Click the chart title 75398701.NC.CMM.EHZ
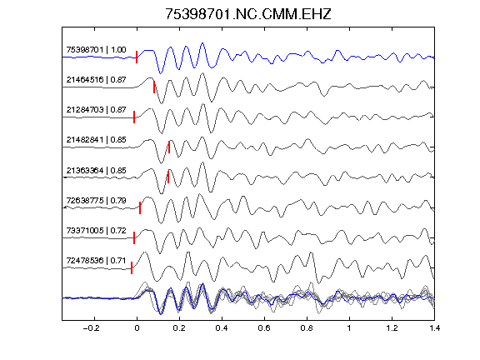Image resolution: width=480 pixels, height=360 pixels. [x=248, y=14]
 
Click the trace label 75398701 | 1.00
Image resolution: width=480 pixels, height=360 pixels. [x=96, y=50]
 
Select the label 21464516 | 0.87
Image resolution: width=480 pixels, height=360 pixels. [x=96, y=80]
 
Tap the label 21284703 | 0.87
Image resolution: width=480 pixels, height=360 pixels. [x=96, y=110]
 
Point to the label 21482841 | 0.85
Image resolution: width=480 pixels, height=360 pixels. [x=96, y=140]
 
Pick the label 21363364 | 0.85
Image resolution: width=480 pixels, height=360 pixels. [x=96, y=170]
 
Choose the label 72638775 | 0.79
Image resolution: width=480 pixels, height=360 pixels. [x=96, y=201]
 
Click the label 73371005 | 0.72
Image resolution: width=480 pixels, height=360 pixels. [x=96, y=230]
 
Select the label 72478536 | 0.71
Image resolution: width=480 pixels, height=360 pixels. [x=96, y=261]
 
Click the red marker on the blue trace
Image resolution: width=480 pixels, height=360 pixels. [x=137, y=57]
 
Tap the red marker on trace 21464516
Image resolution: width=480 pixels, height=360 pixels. [x=154, y=87]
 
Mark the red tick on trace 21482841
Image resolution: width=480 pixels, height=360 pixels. [x=169, y=147]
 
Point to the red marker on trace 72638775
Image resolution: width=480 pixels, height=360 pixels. [x=140, y=207]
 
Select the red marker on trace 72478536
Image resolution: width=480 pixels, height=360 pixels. [x=132, y=267]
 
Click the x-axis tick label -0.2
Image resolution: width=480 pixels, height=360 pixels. [x=91, y=328]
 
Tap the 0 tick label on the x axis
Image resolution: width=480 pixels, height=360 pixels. [x=137, y=328]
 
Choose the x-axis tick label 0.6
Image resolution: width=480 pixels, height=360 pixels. [x=264, y=328]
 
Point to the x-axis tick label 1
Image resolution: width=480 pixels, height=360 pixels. [x=349, y=328]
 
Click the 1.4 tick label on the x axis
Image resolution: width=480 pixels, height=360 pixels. [x=434, y=328]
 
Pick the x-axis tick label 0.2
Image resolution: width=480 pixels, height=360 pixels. [x=179, y=328]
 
